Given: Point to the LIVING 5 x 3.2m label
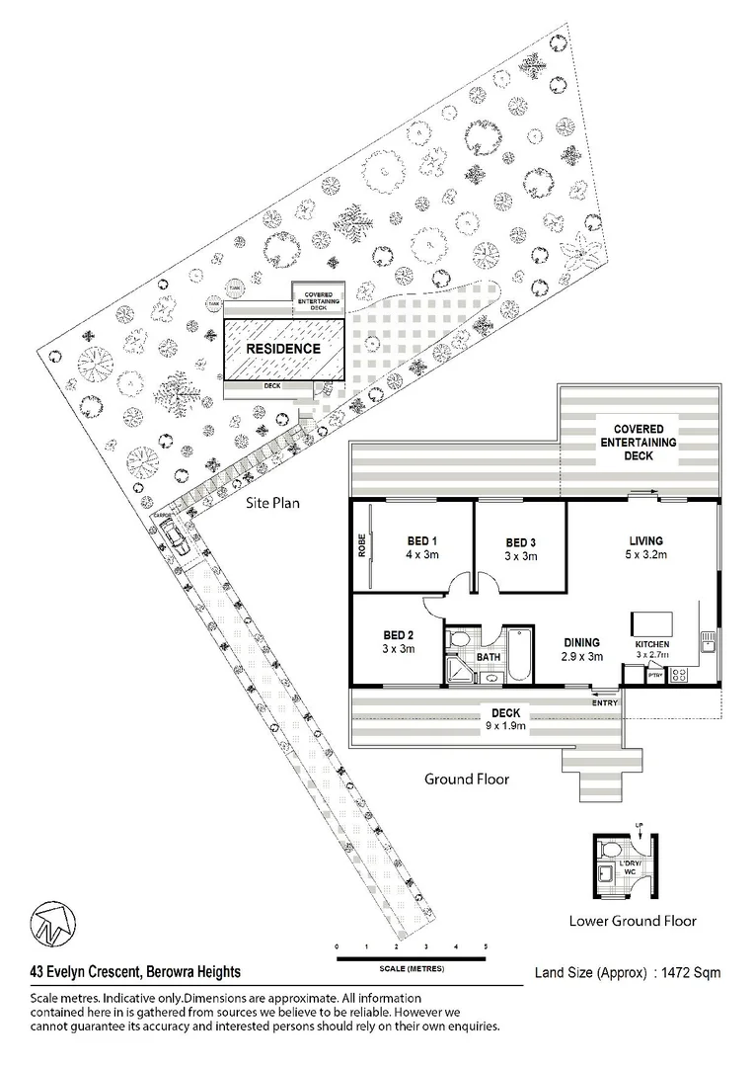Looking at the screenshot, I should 645,547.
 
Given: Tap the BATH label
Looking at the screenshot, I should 489,656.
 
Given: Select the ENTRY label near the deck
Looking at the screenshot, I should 604,701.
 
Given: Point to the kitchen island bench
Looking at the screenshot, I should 651,623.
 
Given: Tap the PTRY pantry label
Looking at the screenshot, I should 654,676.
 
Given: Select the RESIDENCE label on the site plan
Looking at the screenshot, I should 282,349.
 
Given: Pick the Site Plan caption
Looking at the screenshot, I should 272,502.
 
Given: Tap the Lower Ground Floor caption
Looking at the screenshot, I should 632,921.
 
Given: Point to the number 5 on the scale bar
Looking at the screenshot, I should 486,946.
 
